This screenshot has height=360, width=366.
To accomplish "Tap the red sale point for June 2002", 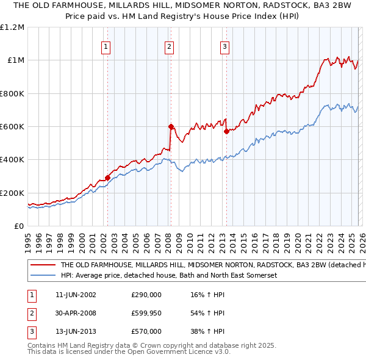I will click(108, 178).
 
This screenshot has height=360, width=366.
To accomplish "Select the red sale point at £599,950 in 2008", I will click(171, 126).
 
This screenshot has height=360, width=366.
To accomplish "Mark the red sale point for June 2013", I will click(226, 131).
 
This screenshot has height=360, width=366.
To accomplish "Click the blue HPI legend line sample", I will click(43, 275).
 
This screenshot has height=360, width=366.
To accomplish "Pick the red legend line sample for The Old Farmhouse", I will click(43, 265).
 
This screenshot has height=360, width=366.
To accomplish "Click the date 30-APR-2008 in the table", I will click(75, 313).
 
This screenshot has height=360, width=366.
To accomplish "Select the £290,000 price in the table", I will click(146, 295).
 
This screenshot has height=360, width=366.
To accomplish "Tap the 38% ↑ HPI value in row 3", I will click(207, 331).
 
